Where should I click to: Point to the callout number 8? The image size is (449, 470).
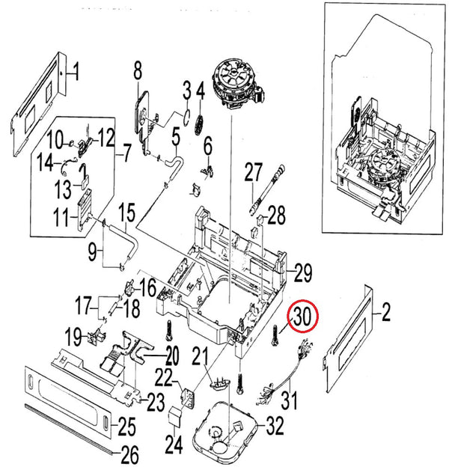[x=138, y=72]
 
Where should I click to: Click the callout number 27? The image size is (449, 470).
[x=251, y=173]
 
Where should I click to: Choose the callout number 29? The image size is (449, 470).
[x=302, y=274]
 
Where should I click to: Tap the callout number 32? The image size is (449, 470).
[x=275, y=427]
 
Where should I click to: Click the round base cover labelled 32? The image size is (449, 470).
[x=224, y=434]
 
